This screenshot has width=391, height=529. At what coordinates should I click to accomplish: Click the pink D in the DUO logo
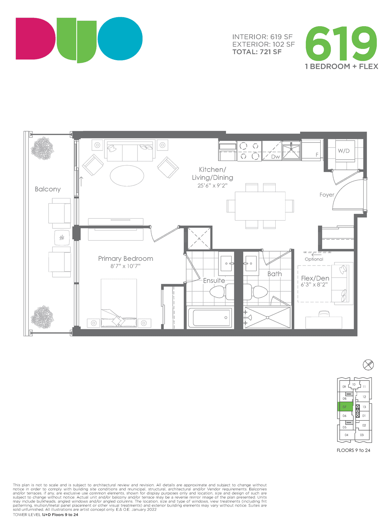coord(35,38)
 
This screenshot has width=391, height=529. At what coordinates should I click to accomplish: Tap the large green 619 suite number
coord(341,44)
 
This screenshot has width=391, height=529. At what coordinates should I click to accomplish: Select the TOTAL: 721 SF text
coord(257,52)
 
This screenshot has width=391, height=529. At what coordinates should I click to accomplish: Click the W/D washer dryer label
coord(343,151)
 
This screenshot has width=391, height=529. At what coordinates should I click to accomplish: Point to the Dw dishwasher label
coord(275,157)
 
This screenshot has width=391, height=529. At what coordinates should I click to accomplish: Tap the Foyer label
coord(327,195)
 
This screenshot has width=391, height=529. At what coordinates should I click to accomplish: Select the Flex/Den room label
coord(315,278)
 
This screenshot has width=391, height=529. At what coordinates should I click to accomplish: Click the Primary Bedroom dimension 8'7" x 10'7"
coord(125,266)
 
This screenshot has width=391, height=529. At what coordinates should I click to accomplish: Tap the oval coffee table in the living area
coord(127,176)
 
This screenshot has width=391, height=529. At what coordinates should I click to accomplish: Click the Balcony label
coord(48,189)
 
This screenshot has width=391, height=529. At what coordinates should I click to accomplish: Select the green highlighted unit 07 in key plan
coord(345,407)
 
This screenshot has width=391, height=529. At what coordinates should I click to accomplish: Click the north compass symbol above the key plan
coord(368,365)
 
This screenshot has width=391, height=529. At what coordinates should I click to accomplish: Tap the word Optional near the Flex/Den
coord(314,259)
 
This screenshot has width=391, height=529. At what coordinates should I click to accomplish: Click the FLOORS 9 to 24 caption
coord(353,450)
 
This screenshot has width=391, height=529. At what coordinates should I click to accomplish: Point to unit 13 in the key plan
coord(364,407)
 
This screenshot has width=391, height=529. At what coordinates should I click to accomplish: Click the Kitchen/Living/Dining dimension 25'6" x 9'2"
coord(212,185)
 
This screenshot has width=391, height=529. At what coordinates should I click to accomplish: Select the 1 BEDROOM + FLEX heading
coord(341,66)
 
